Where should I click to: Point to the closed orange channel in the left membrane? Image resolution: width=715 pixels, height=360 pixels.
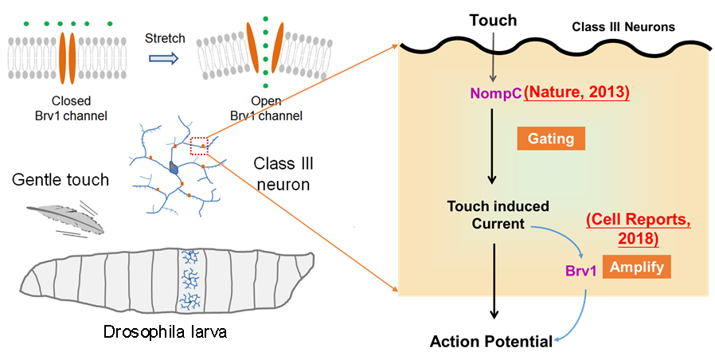(67, 57)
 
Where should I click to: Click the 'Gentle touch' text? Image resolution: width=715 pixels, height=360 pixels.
(61, 180)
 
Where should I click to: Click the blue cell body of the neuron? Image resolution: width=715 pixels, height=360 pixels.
(174, 167)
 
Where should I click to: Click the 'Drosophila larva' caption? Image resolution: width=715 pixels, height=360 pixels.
(166, 331)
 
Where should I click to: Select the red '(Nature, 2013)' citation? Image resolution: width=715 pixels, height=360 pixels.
(577, 93)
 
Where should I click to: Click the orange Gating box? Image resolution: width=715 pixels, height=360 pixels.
(551, 139)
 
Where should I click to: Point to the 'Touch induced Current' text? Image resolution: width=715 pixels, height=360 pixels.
(491, 215)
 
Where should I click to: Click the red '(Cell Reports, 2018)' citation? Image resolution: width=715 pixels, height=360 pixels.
(638, 229)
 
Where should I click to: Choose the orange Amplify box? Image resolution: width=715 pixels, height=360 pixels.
(636, 268)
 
